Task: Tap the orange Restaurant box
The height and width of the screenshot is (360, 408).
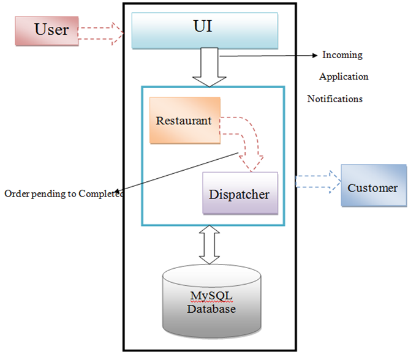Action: click(184, 121)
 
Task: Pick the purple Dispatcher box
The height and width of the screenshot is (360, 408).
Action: click(239, 193)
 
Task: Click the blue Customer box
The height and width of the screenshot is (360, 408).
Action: click(372, 186)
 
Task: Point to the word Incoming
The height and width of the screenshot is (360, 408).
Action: click(342, 55)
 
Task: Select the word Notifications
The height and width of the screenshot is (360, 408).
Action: click(335, 99)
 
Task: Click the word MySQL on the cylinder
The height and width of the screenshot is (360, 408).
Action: click(210, 296)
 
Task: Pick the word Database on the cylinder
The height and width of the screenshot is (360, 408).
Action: click(211, 309)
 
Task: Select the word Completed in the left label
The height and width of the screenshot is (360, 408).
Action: click(102, 193)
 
